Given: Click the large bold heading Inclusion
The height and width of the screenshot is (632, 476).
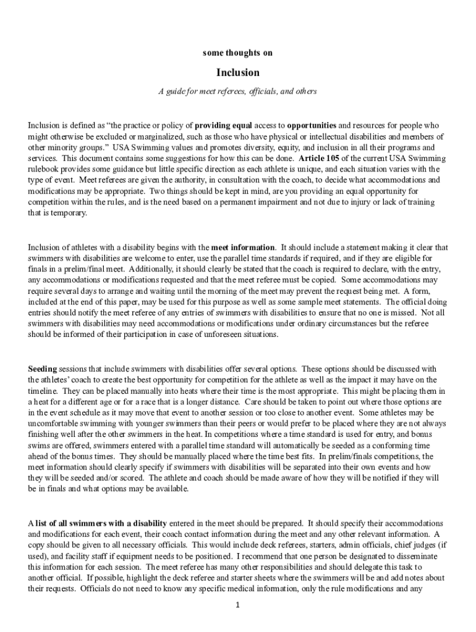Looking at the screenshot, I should [x=238, y=73].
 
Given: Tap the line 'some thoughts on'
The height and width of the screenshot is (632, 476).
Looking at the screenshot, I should [x=238, y=53].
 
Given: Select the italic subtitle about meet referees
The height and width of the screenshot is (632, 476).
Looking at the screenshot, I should [x=238, y=91].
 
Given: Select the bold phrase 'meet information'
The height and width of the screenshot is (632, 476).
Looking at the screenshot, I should [x=242, y=247].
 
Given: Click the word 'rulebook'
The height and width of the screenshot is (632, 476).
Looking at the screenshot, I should [x=43, y=169].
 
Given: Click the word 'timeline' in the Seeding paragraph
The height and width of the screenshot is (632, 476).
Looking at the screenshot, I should [x=43, y=391].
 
